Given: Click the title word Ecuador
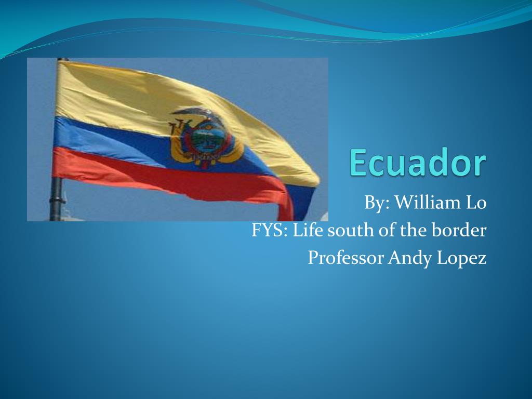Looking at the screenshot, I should (418, 163).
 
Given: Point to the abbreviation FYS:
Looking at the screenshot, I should (270, 230).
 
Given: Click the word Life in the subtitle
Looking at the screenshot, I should (308, 230).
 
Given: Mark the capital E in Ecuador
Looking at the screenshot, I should (359, 163).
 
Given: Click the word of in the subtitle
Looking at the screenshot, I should (386, 230).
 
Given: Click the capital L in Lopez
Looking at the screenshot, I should (442, 257).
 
